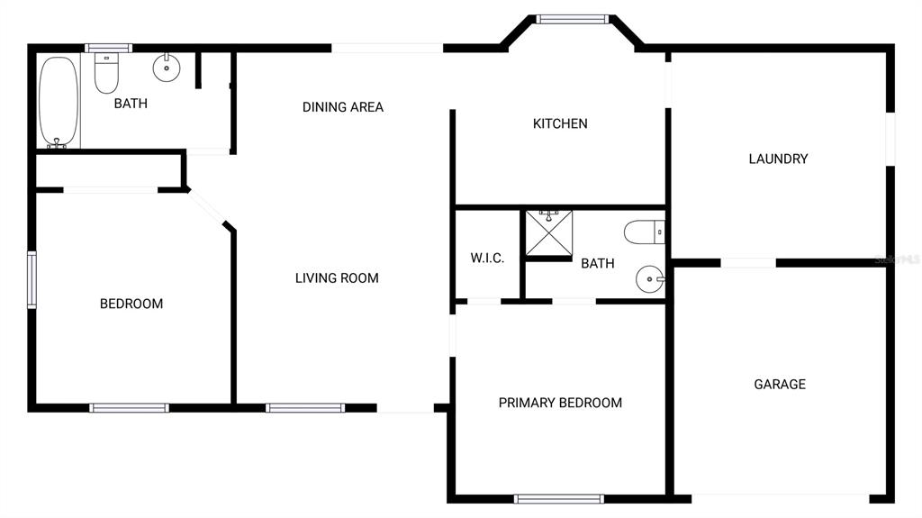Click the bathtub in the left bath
click(59, 101)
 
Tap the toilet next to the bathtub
click(106, 74)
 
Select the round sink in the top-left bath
click(167, 67)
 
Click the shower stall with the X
click(548, 233)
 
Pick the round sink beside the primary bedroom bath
click(650, 279)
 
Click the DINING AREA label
click(343, 107)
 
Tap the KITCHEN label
click(560, 123)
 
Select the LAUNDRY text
click(778, 159)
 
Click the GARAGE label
click(780, 385)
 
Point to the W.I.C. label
click(487, 258)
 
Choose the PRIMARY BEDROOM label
click(560, 403)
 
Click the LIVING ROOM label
click(337, 277)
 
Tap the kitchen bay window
click(572, 20)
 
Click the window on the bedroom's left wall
click(32, 279)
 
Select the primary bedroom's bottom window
click(558, 499)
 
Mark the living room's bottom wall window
click(305, 408)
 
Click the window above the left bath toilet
click(108, 49)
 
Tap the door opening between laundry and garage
click(748, 262)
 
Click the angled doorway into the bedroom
click(206, 207)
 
